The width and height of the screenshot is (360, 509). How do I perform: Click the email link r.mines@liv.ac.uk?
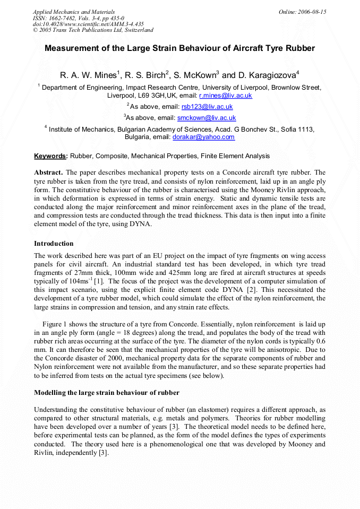225,96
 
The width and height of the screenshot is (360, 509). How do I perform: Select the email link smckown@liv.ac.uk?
207,118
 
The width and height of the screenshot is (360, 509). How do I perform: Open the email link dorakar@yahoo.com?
203,137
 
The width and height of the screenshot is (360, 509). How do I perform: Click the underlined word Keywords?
50,156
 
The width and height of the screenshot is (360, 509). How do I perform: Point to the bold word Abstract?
48,172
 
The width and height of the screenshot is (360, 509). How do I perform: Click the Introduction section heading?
54,244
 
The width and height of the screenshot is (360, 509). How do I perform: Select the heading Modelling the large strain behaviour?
107,393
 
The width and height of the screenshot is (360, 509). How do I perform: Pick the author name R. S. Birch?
145,75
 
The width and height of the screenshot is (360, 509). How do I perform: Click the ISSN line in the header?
78,18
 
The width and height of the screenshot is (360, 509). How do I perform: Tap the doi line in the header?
88,24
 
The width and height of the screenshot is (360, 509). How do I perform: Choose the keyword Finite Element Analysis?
235,156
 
